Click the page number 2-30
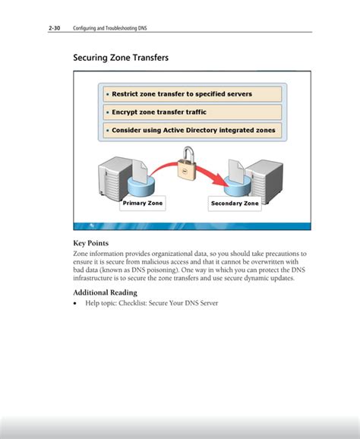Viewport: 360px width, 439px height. (54, 29)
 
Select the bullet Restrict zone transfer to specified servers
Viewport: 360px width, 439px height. (182, 94)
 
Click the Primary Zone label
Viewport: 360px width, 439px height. (143, 204)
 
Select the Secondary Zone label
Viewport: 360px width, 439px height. (235, 204)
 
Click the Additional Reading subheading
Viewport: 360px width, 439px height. (105, 292)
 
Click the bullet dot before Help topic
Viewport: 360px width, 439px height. (75, 303)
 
